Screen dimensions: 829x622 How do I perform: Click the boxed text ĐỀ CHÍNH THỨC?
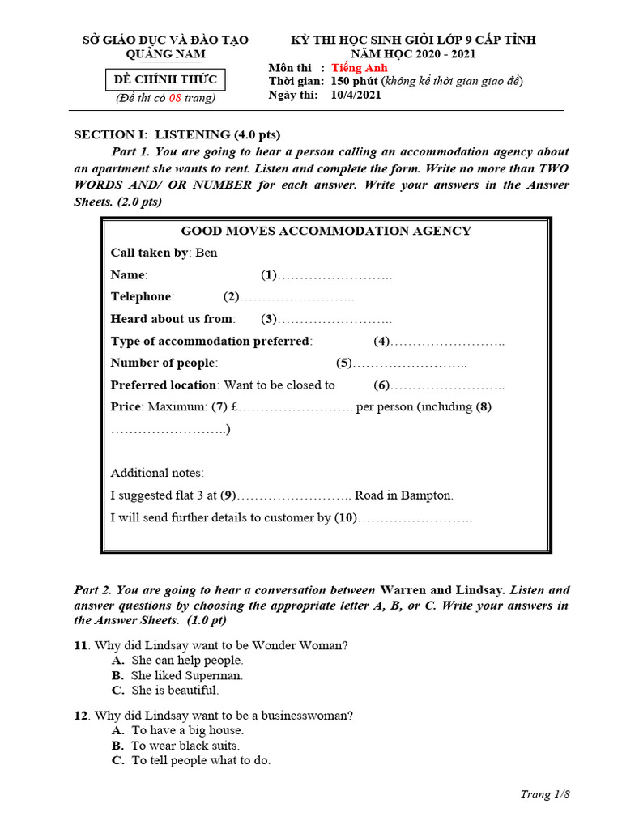pyautogui.click(x=166, y=79)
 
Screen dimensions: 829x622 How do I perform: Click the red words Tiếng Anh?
pyautogui.click(x=360, y=68)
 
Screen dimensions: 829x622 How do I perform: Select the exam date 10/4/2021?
pyautogui.click(x=356, y=95)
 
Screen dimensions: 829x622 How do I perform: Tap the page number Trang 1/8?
pyautogui.click(x=545, y=794)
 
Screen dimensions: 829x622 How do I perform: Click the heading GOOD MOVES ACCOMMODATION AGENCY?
pyautogui.click(x=326, y=231)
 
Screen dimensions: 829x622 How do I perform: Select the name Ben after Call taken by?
pyautogui.click(x=207, y=253)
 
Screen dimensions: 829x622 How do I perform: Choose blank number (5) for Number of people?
pyautogui.click(x=344, y=363)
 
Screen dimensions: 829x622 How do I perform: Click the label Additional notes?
pyautogui.click(x=157, y=473)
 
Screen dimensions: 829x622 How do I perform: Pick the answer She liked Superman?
pyautogui.click(x=186, y=675)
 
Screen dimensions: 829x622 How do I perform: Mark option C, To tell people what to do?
pyautogui.click(x=200, y=760)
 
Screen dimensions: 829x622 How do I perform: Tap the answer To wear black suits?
pyautogui.click(x=185, y=746)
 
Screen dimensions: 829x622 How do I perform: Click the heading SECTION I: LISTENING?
pyautogui.click(x=177, y=134)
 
